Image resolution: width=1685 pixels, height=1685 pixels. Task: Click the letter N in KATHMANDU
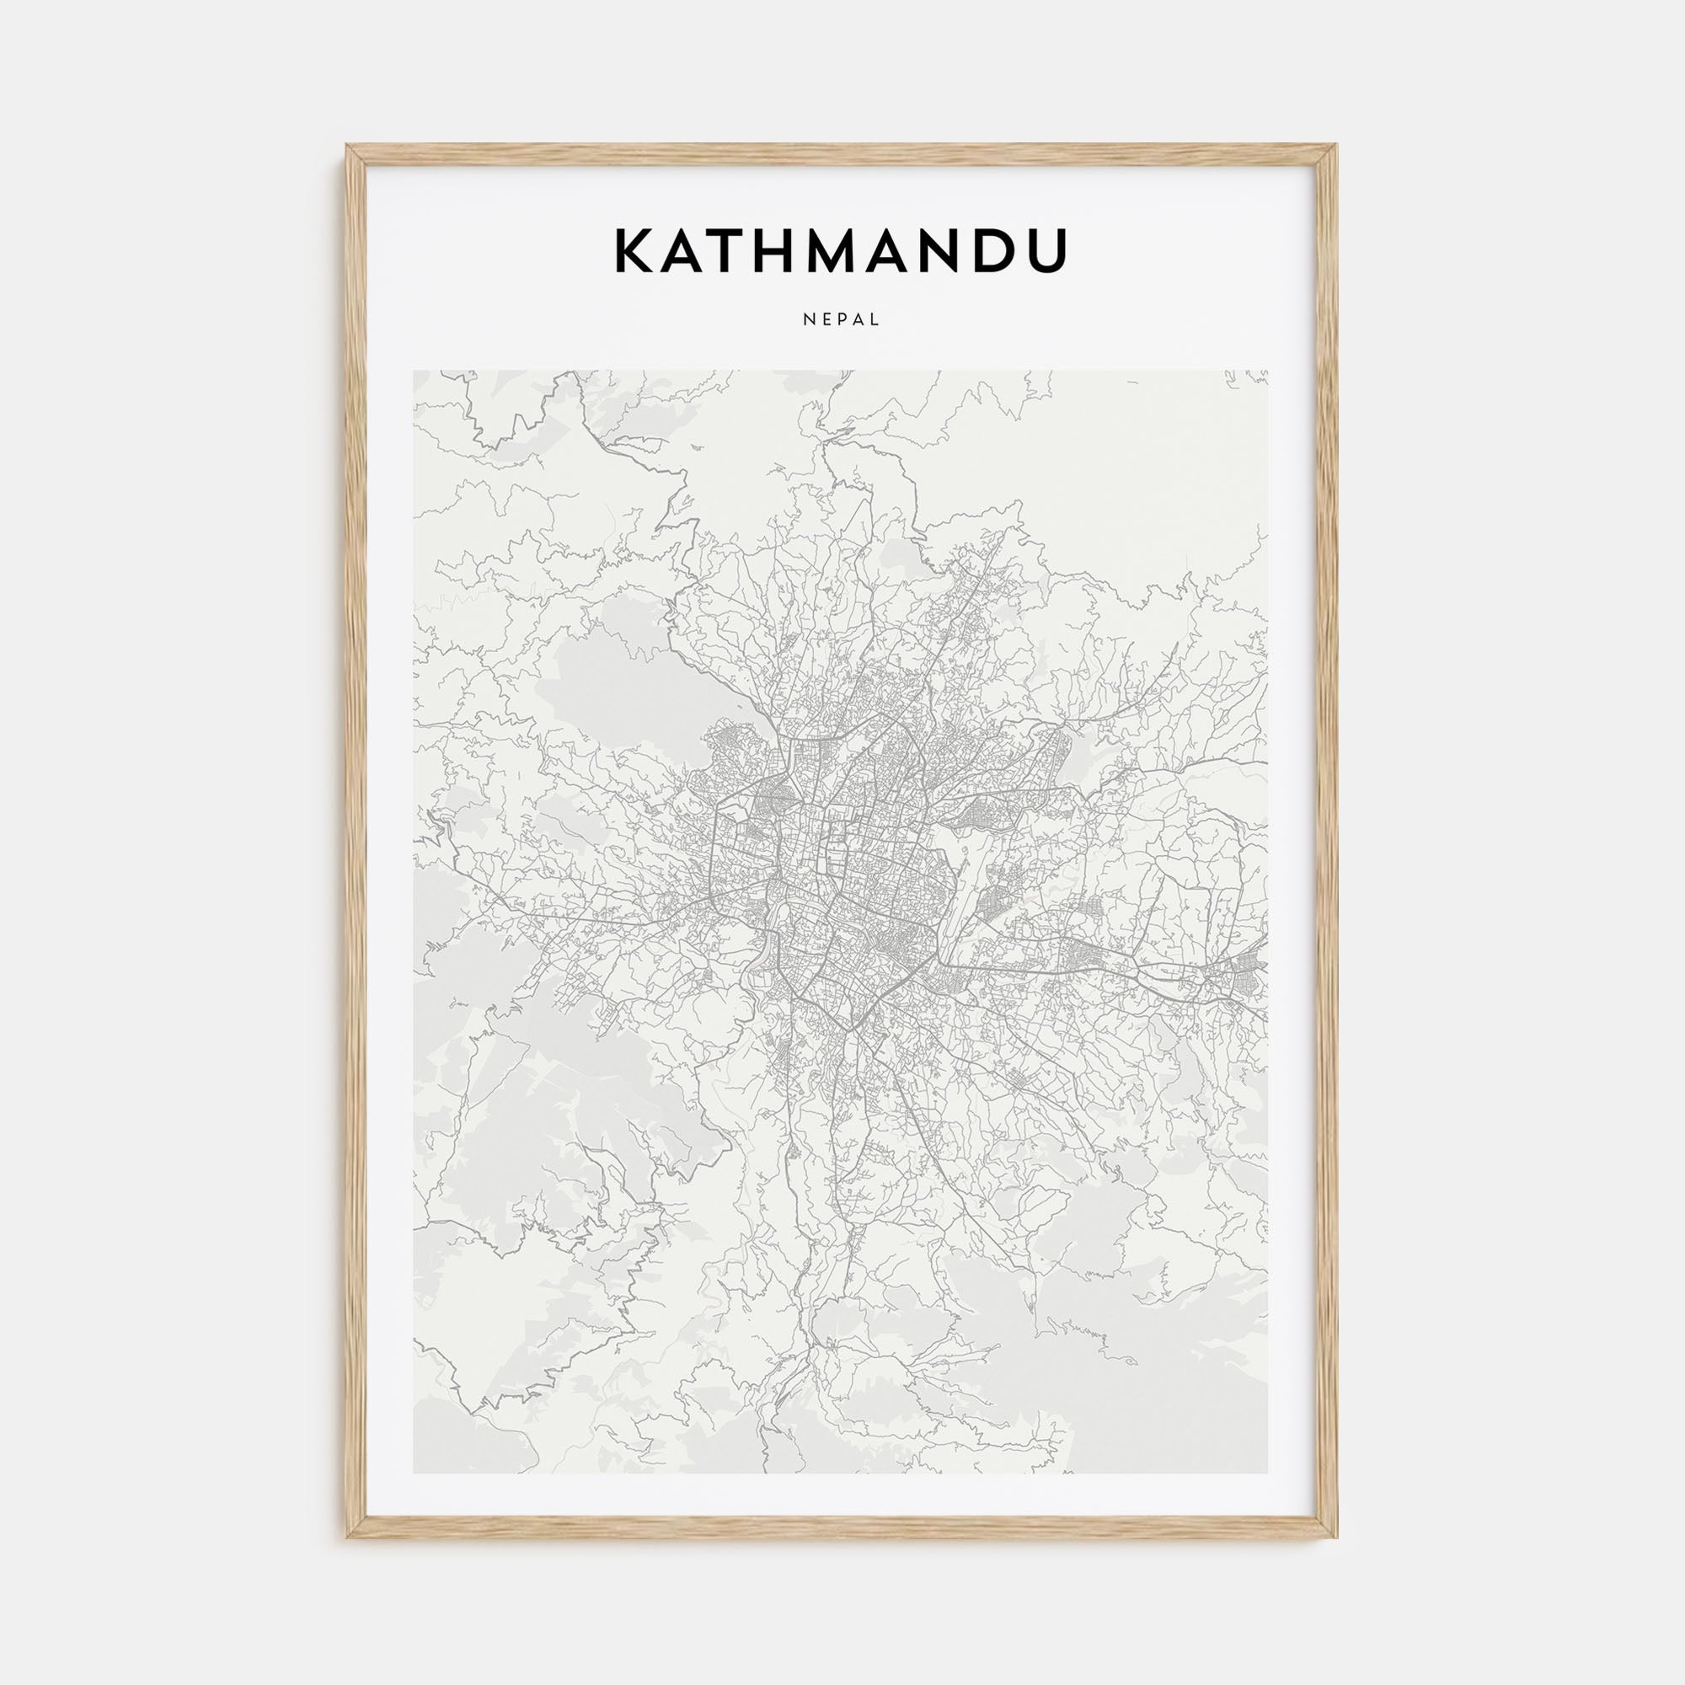pos(960,251)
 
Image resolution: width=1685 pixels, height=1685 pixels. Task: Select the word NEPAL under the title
pos(842,320)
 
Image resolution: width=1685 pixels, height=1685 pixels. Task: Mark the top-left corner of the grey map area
pos(415,372)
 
